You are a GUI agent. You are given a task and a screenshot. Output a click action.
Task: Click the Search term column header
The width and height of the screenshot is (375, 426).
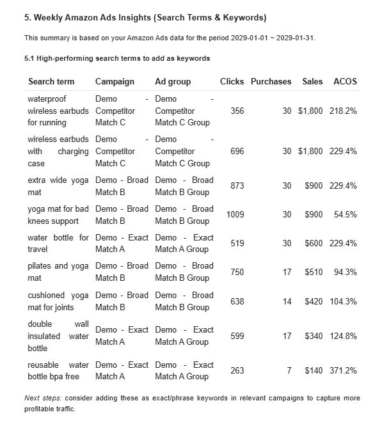pos(51,82)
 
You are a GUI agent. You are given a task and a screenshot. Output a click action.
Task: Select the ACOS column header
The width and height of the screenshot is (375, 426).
pos(345,82)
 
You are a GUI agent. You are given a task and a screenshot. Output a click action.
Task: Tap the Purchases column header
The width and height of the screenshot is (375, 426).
pos(271,82)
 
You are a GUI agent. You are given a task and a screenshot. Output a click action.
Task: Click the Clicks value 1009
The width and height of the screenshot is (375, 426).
pos(235,215)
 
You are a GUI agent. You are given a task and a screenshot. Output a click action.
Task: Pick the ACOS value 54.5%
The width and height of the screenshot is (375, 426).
pos(345,215)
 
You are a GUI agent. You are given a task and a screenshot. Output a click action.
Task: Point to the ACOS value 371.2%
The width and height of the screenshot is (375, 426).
pos(343,370)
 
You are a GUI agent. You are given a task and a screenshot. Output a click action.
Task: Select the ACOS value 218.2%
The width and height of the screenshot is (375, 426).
pos(343,111)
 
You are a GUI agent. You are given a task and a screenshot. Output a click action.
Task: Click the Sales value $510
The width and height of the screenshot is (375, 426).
pos(312,272)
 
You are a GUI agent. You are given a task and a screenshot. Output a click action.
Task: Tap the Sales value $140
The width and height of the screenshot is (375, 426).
pos(312,370)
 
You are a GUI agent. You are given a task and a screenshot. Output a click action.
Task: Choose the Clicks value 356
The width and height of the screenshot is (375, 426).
pos(237,111)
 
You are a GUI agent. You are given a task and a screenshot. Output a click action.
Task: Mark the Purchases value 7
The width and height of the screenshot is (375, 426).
pos(289,370)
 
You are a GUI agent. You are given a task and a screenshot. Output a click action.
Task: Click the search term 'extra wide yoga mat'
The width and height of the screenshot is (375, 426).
pos(58,186)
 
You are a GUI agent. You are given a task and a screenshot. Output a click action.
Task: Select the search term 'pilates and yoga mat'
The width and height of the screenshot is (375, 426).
pos(58,272)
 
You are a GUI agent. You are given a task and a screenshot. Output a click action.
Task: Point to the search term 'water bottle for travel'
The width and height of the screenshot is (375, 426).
pos(58,243)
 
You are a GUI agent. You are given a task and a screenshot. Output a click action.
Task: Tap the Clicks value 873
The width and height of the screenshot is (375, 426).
pos(237,186)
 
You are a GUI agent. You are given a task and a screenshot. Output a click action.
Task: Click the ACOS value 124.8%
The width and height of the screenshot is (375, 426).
pos(343,336)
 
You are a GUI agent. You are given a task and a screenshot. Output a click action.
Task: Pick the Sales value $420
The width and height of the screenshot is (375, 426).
pos(312,301)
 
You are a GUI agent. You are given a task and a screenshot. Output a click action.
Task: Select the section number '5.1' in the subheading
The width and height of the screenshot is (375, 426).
pos(29,58)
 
